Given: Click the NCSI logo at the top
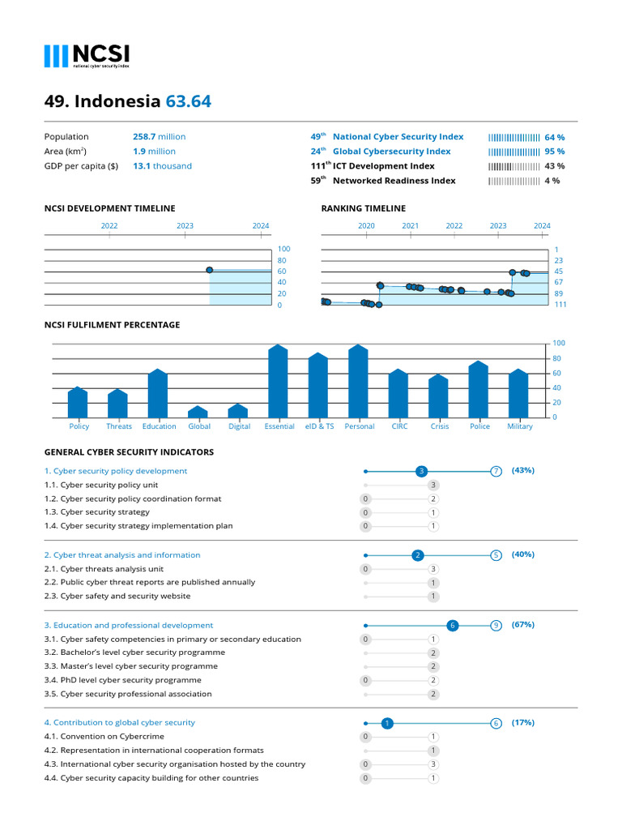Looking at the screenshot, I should (87, 55).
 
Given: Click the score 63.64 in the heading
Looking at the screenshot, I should (188, 101).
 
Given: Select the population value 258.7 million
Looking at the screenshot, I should (159, 137).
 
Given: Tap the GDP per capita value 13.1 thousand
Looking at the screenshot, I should (162, 166).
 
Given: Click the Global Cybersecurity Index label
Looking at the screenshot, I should (391, 152).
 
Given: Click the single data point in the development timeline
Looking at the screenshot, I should (210, 270).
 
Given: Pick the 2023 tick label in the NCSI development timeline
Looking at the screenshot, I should (185, 226).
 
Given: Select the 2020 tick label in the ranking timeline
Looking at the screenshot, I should (366, 226).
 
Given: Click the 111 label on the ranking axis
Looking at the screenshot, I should (560, 305).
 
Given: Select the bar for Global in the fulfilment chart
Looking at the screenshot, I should (199, 412).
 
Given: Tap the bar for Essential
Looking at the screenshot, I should (279, 381).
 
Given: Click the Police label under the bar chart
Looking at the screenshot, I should (479, 426).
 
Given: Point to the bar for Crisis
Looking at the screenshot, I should (439, 396).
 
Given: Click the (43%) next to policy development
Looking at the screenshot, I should (523, 470).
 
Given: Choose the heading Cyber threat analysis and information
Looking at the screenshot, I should (121, 555).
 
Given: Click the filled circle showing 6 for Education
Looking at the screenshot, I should (453, 626).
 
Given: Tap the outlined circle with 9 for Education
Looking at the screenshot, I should (496, 626).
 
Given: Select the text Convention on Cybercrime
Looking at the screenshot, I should (112, 737).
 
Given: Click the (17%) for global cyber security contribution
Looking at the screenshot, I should (523, 722).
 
